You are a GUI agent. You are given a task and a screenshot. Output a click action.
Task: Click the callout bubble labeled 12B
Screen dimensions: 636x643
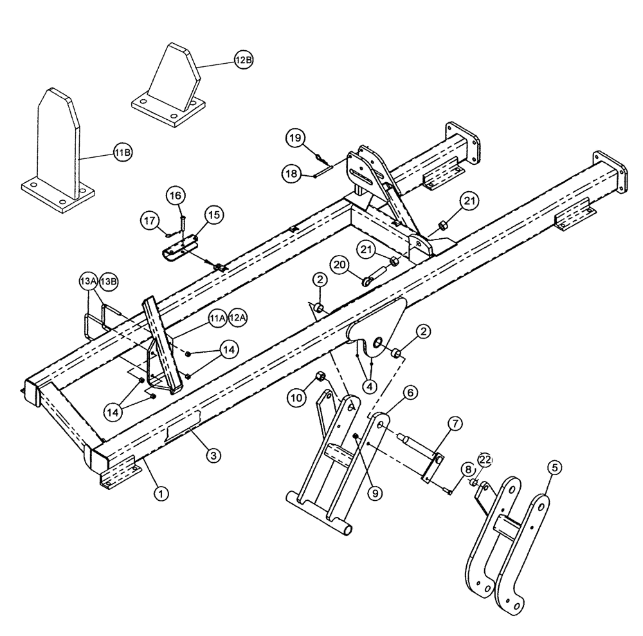tap(244, 61)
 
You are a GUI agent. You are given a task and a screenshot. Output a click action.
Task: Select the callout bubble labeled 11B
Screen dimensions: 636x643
tap(123, 153)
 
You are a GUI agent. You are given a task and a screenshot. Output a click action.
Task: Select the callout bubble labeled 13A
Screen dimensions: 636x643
tap(89, 281)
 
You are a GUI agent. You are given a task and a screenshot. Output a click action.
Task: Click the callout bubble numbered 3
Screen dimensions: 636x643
tap(213, 455)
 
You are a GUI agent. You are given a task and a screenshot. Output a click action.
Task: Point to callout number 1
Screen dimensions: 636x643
tap(161, 494)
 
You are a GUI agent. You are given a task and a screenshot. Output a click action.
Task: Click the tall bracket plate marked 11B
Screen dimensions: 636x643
tap(58, 148)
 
